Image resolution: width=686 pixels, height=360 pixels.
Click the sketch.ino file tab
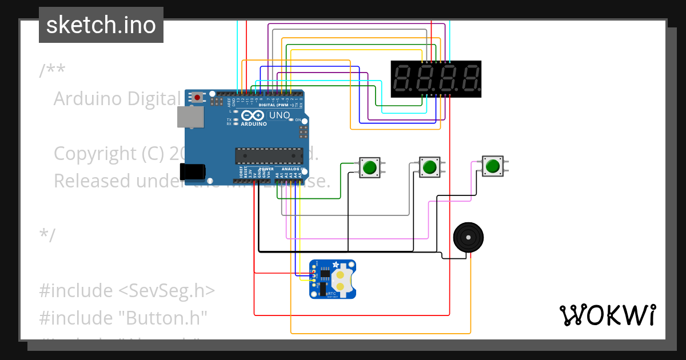pyautogui.click(x=101, y=25)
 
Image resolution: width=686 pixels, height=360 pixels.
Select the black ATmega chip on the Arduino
pyautogui.click(x=269, y=155)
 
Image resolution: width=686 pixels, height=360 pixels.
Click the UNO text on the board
pyautogui.click(x=280, y=115)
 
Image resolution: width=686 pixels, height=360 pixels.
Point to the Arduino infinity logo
pyautogui.click(x=254, y=115)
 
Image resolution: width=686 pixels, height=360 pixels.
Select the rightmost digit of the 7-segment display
pyautogui.click(x=470, y=79)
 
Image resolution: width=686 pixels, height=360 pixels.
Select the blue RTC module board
pyautogui.click(x=332, y=279)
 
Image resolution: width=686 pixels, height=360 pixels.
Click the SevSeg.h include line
pyautogui.click(x=127, y=291)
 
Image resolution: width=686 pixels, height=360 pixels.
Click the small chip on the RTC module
pyautogui.click(x=323, y=278)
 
